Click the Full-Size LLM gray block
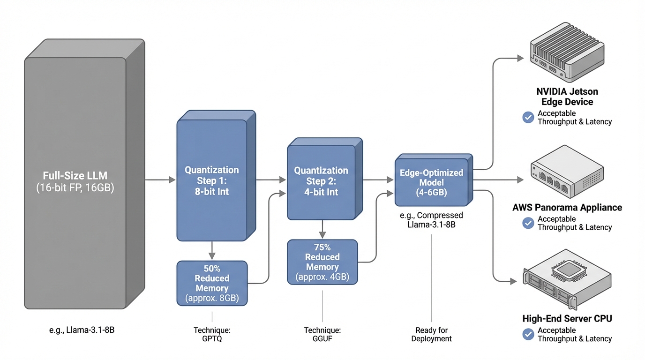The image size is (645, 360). [x=75, y=183]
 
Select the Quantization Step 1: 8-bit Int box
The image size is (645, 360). [x=212, y=180]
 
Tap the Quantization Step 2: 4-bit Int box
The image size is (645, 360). [x=321, y=182]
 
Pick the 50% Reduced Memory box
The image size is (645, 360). [x=212, y=283]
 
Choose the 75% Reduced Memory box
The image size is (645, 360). [x=322, y=262]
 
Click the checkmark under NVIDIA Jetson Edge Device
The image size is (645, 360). [x=528, y=118]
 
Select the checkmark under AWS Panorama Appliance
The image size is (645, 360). [x=528, y=223]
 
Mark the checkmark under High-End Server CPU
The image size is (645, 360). [x=528, y=334]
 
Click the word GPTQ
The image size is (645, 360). [x=212, y=338]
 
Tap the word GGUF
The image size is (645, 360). [x=322, y=338]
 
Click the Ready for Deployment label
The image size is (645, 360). [x=431, y=334]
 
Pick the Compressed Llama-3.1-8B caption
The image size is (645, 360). [x=431, y=220]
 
